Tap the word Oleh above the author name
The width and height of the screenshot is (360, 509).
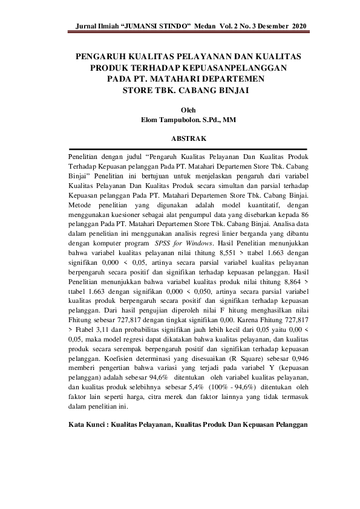188,109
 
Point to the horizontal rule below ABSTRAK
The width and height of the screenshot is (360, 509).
188,148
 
